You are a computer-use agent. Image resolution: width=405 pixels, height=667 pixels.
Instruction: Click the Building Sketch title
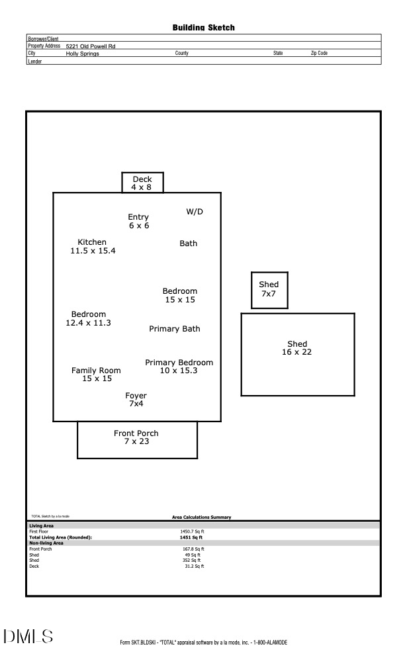(203, 28)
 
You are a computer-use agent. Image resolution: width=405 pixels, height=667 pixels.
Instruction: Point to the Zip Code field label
(319, 54)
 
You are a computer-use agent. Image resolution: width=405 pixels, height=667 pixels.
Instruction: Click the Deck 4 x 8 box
(142, 183)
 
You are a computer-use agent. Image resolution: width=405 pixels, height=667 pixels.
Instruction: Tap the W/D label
(195, 212)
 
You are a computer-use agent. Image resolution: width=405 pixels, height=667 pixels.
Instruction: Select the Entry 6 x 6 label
(138, 221)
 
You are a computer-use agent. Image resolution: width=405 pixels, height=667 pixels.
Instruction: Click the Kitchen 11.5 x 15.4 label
(93, 247)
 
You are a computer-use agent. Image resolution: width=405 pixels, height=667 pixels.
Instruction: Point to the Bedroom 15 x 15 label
(180, 295)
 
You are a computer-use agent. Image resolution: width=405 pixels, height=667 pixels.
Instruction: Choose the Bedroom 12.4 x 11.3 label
(88, 319)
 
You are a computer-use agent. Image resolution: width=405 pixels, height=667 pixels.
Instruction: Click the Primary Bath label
(175, 329)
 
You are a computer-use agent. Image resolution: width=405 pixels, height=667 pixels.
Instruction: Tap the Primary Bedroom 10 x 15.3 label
(179, 367)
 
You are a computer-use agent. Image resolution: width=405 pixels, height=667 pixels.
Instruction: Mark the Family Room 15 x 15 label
(96, 375)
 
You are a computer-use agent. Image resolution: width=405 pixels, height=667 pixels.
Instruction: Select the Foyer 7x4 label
(136, 400)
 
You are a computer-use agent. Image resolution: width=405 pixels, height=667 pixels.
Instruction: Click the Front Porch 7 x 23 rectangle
(137, 439)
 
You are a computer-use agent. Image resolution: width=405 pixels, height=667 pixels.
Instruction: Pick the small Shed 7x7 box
(269, 290)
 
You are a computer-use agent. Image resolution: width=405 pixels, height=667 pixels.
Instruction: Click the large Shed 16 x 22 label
(297, 348)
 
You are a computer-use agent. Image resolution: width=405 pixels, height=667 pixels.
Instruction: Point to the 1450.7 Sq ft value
(192, 531)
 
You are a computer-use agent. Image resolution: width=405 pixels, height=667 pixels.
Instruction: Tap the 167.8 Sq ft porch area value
(193, 549)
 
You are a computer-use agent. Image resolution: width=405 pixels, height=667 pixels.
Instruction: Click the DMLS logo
(28, 637)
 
